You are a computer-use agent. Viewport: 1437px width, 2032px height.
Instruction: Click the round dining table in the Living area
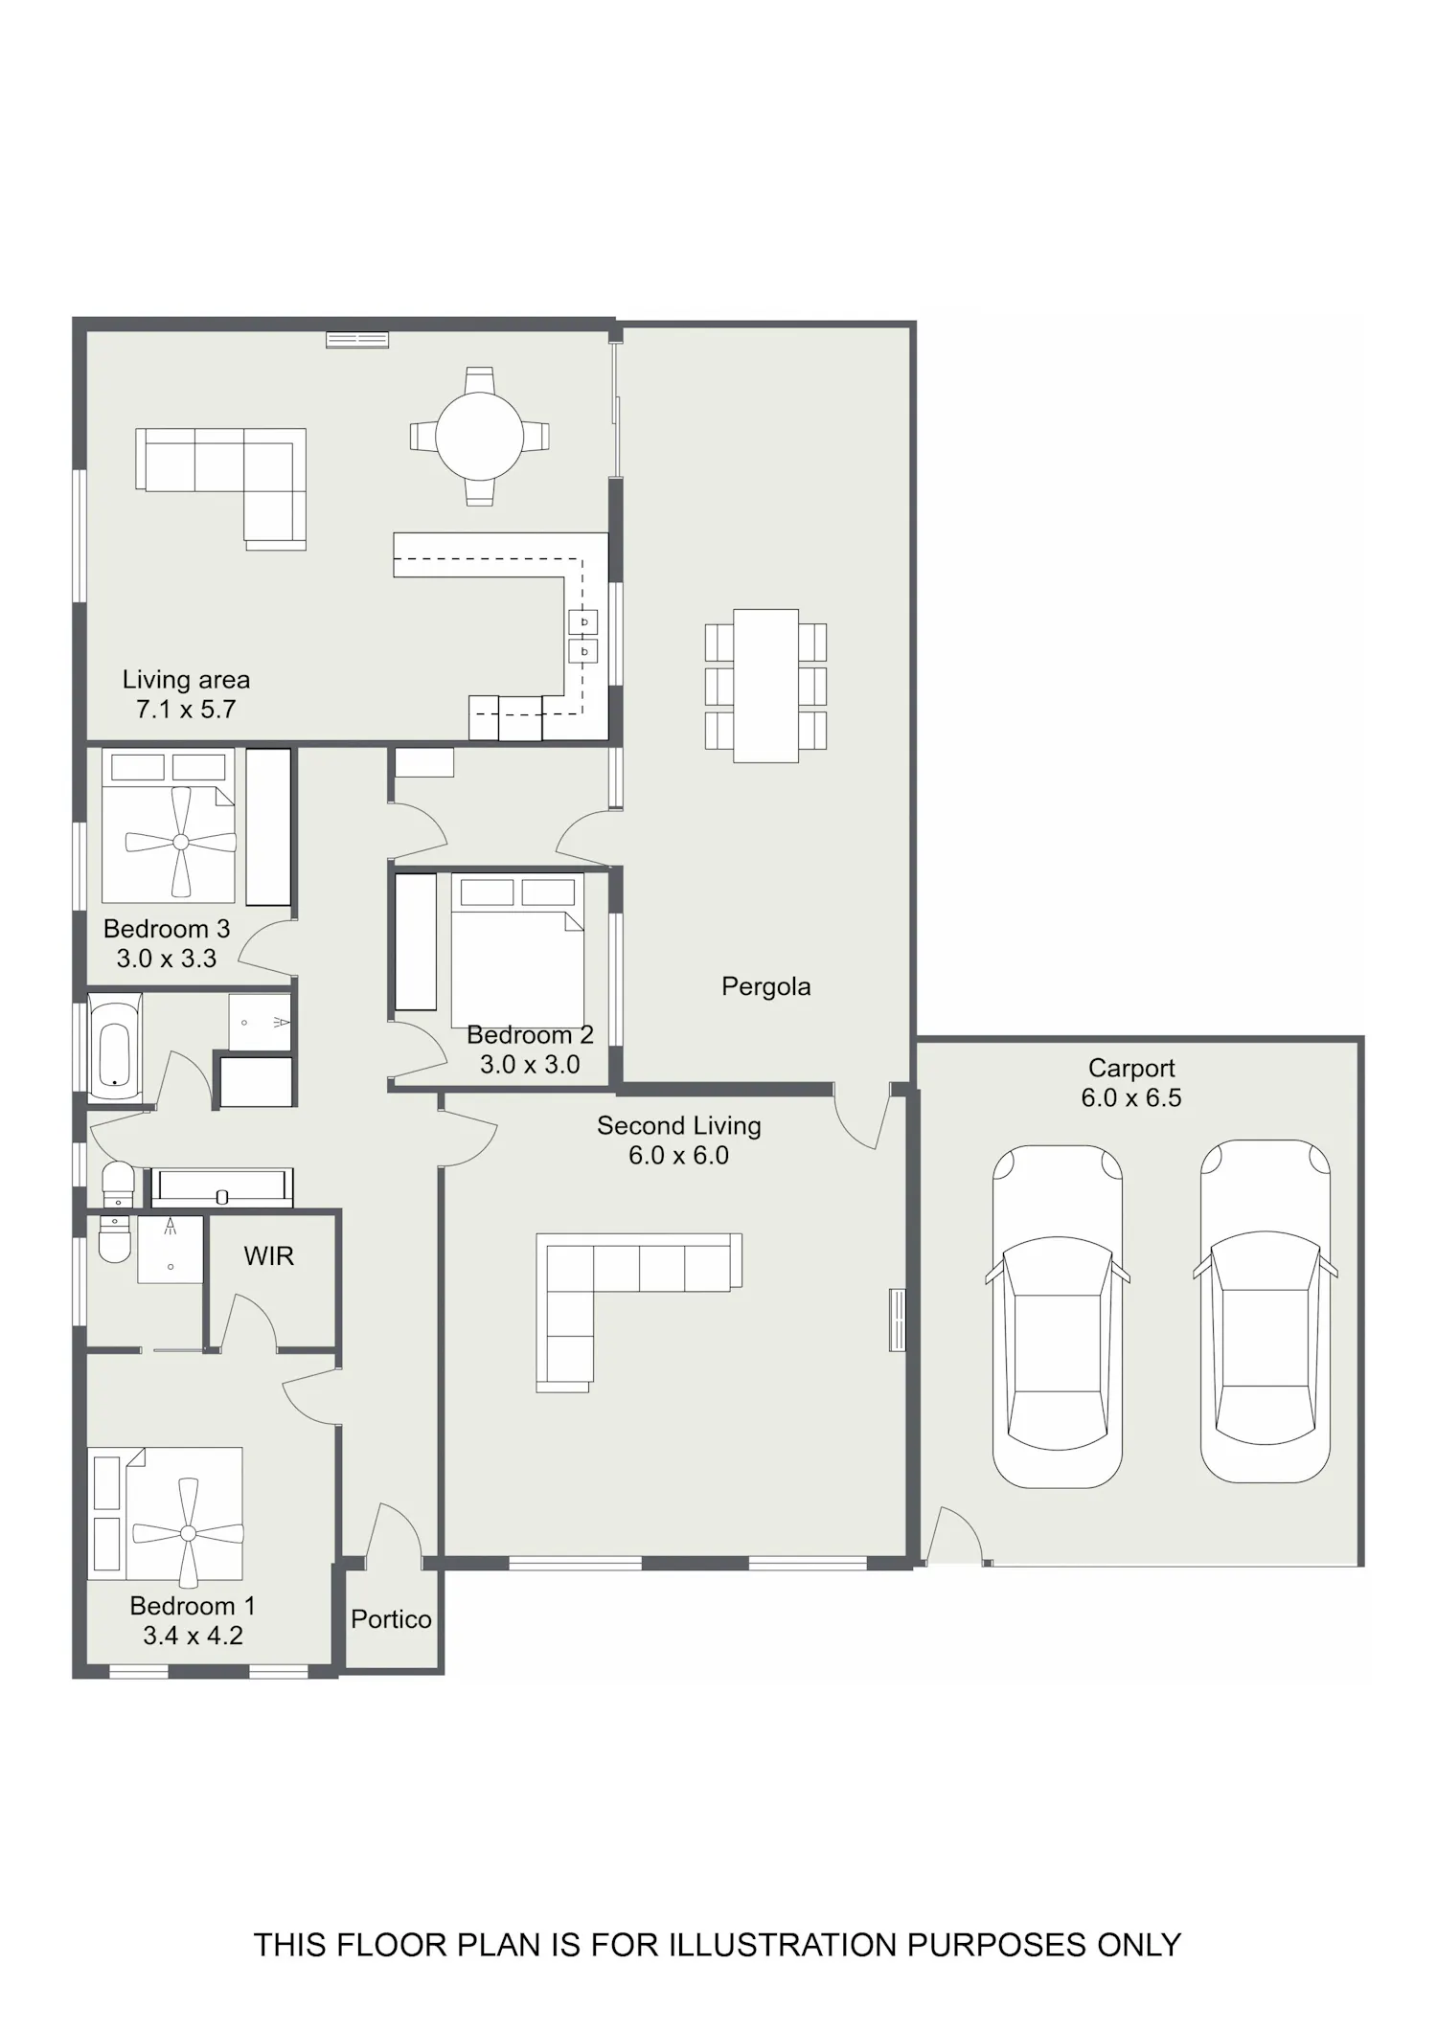[479, 437]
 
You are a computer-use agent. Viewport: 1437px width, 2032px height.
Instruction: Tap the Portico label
[391, 1618]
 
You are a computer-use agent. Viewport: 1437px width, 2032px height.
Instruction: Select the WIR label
[268, 1255]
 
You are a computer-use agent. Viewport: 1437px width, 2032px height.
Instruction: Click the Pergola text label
[765, 986]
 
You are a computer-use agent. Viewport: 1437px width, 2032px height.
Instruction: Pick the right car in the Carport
[1266, 1311]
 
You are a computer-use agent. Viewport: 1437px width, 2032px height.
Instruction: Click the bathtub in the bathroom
[116, 1048]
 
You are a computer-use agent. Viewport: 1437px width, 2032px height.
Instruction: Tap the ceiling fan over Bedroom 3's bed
[181, 842]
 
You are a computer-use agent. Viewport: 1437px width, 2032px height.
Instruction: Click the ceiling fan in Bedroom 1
[188, 1533]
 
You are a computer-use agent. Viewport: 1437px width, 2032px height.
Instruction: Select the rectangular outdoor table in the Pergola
[765, 686]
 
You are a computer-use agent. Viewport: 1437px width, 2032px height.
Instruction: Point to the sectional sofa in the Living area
[221, 489]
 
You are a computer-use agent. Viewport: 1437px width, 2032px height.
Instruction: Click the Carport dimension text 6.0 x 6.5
[1131, 1097]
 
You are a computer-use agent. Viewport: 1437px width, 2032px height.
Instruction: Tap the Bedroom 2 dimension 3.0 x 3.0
[530, 1064]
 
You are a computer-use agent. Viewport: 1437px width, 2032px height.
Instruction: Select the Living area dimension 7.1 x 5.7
[186, 709]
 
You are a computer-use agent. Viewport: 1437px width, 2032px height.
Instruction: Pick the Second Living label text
[679, 1126]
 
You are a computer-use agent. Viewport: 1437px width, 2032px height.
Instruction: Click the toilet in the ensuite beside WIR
[114, 1238]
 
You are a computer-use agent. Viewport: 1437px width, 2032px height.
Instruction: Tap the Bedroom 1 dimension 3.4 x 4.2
[193, 1636]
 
